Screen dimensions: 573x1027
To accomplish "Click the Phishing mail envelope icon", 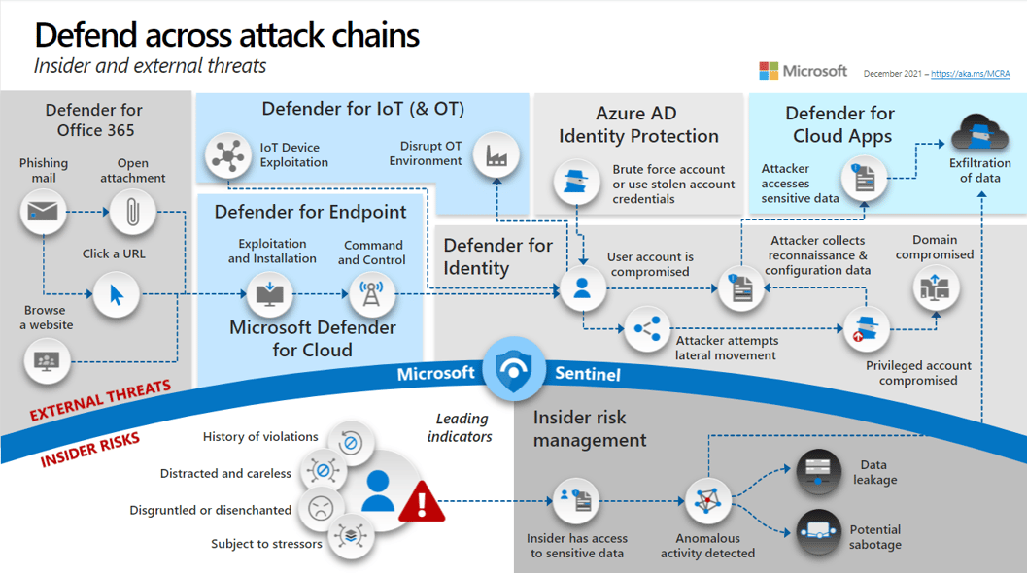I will [43, 211].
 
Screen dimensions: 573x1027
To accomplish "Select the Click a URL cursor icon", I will [117, 293].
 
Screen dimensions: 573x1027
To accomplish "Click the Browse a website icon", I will [46, 361].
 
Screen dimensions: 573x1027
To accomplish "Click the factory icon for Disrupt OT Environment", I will [496, 155].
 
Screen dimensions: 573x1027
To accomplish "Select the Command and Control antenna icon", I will [371, 293].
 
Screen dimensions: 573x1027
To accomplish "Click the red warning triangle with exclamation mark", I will [421, 502].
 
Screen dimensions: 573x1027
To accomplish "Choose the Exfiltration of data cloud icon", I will [978, 134].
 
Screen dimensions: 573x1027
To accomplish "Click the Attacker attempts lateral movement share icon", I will [647, 329].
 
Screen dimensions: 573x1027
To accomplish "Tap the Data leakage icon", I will [819, 472].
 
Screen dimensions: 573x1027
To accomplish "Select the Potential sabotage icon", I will [819, 530].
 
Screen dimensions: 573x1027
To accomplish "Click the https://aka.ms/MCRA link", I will [971, 73].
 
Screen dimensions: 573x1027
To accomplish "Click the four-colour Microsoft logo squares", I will [769, 71].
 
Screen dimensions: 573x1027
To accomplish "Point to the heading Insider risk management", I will [590, 428].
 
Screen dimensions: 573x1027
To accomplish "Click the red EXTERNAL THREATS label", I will [100, 400].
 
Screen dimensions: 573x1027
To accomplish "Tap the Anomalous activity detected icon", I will [707, 502].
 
